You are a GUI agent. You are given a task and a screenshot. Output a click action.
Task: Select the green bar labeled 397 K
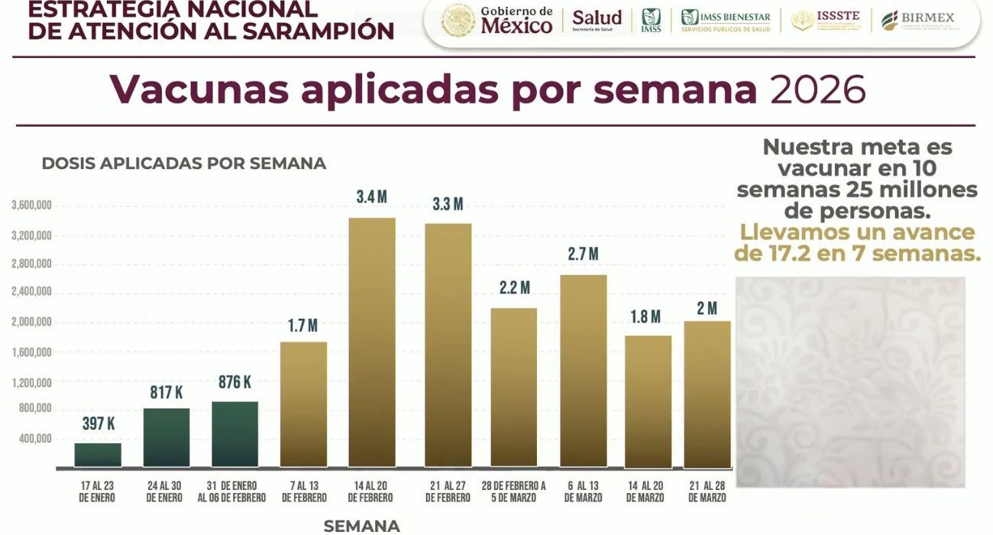tap(98, 455)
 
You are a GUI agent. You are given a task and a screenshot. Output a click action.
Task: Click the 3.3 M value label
tap(448, 204)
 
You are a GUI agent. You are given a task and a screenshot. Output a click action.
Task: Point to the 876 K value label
tap(235, 383)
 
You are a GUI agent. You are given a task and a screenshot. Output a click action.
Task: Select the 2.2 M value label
tap(514, 288)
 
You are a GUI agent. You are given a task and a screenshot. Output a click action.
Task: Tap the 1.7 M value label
tap(302, 326)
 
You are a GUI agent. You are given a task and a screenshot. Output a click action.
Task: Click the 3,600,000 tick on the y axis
tap(31, 206)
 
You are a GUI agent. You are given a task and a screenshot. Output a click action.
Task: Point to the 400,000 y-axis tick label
tap(34, 439)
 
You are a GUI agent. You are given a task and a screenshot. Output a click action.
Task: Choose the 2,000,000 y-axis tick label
tap(31, 322)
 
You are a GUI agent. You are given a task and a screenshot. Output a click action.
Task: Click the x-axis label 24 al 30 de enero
tap(164, 491)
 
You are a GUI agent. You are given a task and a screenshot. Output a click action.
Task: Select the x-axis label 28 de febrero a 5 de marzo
tap(513, 491)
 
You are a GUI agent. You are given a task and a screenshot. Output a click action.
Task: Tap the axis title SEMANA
tap(361, 526)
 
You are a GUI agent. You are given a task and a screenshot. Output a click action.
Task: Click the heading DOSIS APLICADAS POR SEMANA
tap(183, 164)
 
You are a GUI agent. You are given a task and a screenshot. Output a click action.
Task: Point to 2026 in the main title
tap(817, 90)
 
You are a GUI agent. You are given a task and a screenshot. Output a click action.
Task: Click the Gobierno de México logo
tap(497, 21)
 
